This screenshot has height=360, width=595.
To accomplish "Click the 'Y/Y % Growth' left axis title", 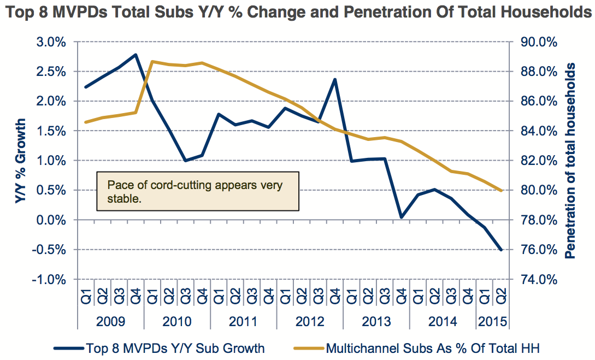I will pos(20,161).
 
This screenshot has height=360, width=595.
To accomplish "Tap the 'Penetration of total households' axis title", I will pos(571,161).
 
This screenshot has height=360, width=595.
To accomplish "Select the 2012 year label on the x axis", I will pos(310,321).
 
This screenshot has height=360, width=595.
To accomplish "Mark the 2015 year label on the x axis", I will pos(492,321).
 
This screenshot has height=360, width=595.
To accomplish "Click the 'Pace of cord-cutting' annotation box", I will pos(198,191).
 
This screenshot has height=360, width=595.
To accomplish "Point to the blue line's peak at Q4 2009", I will pos(136,55).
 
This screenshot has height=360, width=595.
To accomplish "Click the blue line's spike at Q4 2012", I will pos(334,80).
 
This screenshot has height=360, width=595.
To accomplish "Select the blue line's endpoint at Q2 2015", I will pos(500,250).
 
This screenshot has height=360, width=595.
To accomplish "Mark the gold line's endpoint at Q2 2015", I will pos(500,191).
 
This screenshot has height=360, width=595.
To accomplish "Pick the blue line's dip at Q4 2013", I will pos(401,217).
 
